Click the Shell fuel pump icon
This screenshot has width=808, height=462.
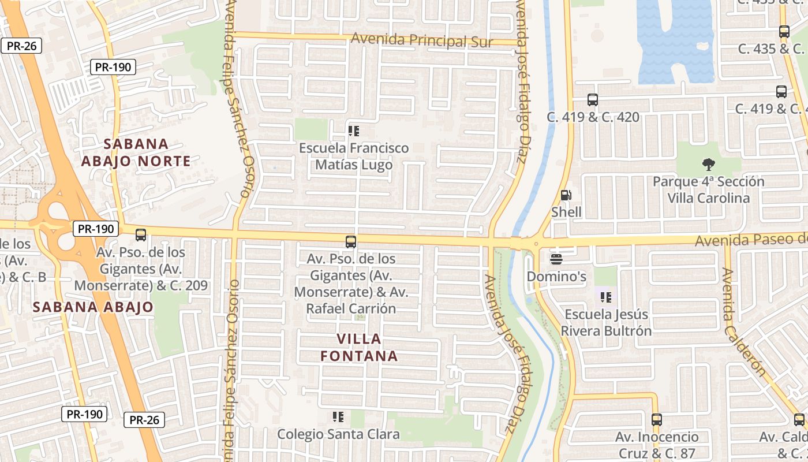click(x=566, y=196)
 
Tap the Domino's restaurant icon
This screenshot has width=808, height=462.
click(x=556, y=259)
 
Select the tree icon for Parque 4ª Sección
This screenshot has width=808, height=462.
click(x=708, y=165)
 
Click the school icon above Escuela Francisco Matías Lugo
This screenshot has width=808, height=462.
click(x=354, y=131)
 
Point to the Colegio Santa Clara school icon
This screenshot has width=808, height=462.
click(x=338, y=416)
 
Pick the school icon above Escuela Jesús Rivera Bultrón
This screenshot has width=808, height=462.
click(x=605, y=297)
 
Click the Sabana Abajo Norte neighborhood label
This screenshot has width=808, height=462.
click(x=136, y=152)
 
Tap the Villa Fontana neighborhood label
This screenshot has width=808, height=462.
click(x=359, y=347)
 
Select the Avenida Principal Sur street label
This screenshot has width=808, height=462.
click(x=422, y=40)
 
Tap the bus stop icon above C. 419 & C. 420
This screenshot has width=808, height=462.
click(x=593, y=100)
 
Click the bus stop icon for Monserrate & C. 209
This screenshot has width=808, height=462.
click(x=140, y=235)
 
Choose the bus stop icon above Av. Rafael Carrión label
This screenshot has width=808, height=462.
click(x=350, y=242)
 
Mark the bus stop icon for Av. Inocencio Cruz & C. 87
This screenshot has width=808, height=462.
click(x=656, y=420)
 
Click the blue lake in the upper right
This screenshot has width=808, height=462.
click(x=675, y=40)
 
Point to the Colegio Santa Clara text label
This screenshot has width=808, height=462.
click(x=338, y=434)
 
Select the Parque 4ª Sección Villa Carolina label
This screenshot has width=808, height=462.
click(x=708, y=190)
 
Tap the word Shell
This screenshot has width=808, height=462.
click(x=566, y=212)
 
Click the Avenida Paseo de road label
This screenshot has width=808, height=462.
click(x=750, y=240)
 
